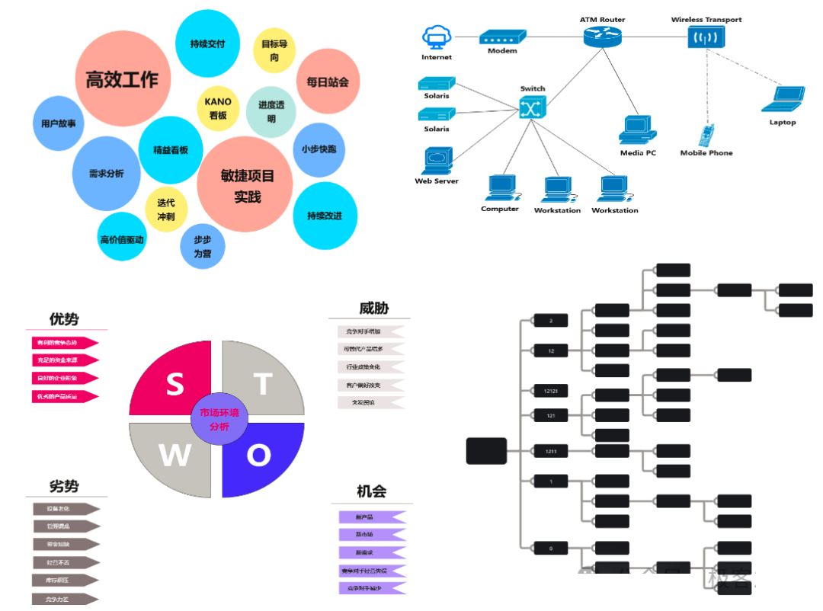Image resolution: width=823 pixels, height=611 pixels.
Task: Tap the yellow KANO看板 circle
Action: pos(218,108)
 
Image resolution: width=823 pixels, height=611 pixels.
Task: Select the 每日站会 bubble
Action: pos(328,82)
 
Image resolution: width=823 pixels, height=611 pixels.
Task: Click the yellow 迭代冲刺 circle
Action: pos(166,210)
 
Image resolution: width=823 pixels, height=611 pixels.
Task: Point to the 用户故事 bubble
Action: pos(59,123)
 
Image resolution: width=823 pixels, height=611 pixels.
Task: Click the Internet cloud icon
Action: pos(437,38)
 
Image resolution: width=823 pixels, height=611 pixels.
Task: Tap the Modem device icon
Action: pos(502,37)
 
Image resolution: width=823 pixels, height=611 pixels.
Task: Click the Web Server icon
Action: pos(437,161)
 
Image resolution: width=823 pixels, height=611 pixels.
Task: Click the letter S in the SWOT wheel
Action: pos(175,385)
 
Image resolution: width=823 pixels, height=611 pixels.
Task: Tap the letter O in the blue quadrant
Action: pos(258,455)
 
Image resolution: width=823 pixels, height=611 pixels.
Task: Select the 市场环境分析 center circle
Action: pos(219,420)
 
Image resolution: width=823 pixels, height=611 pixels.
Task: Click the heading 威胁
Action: pos(373,308)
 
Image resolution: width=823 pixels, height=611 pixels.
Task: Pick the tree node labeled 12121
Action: pos(550,391)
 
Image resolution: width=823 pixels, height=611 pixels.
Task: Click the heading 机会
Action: pos(372,491)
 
